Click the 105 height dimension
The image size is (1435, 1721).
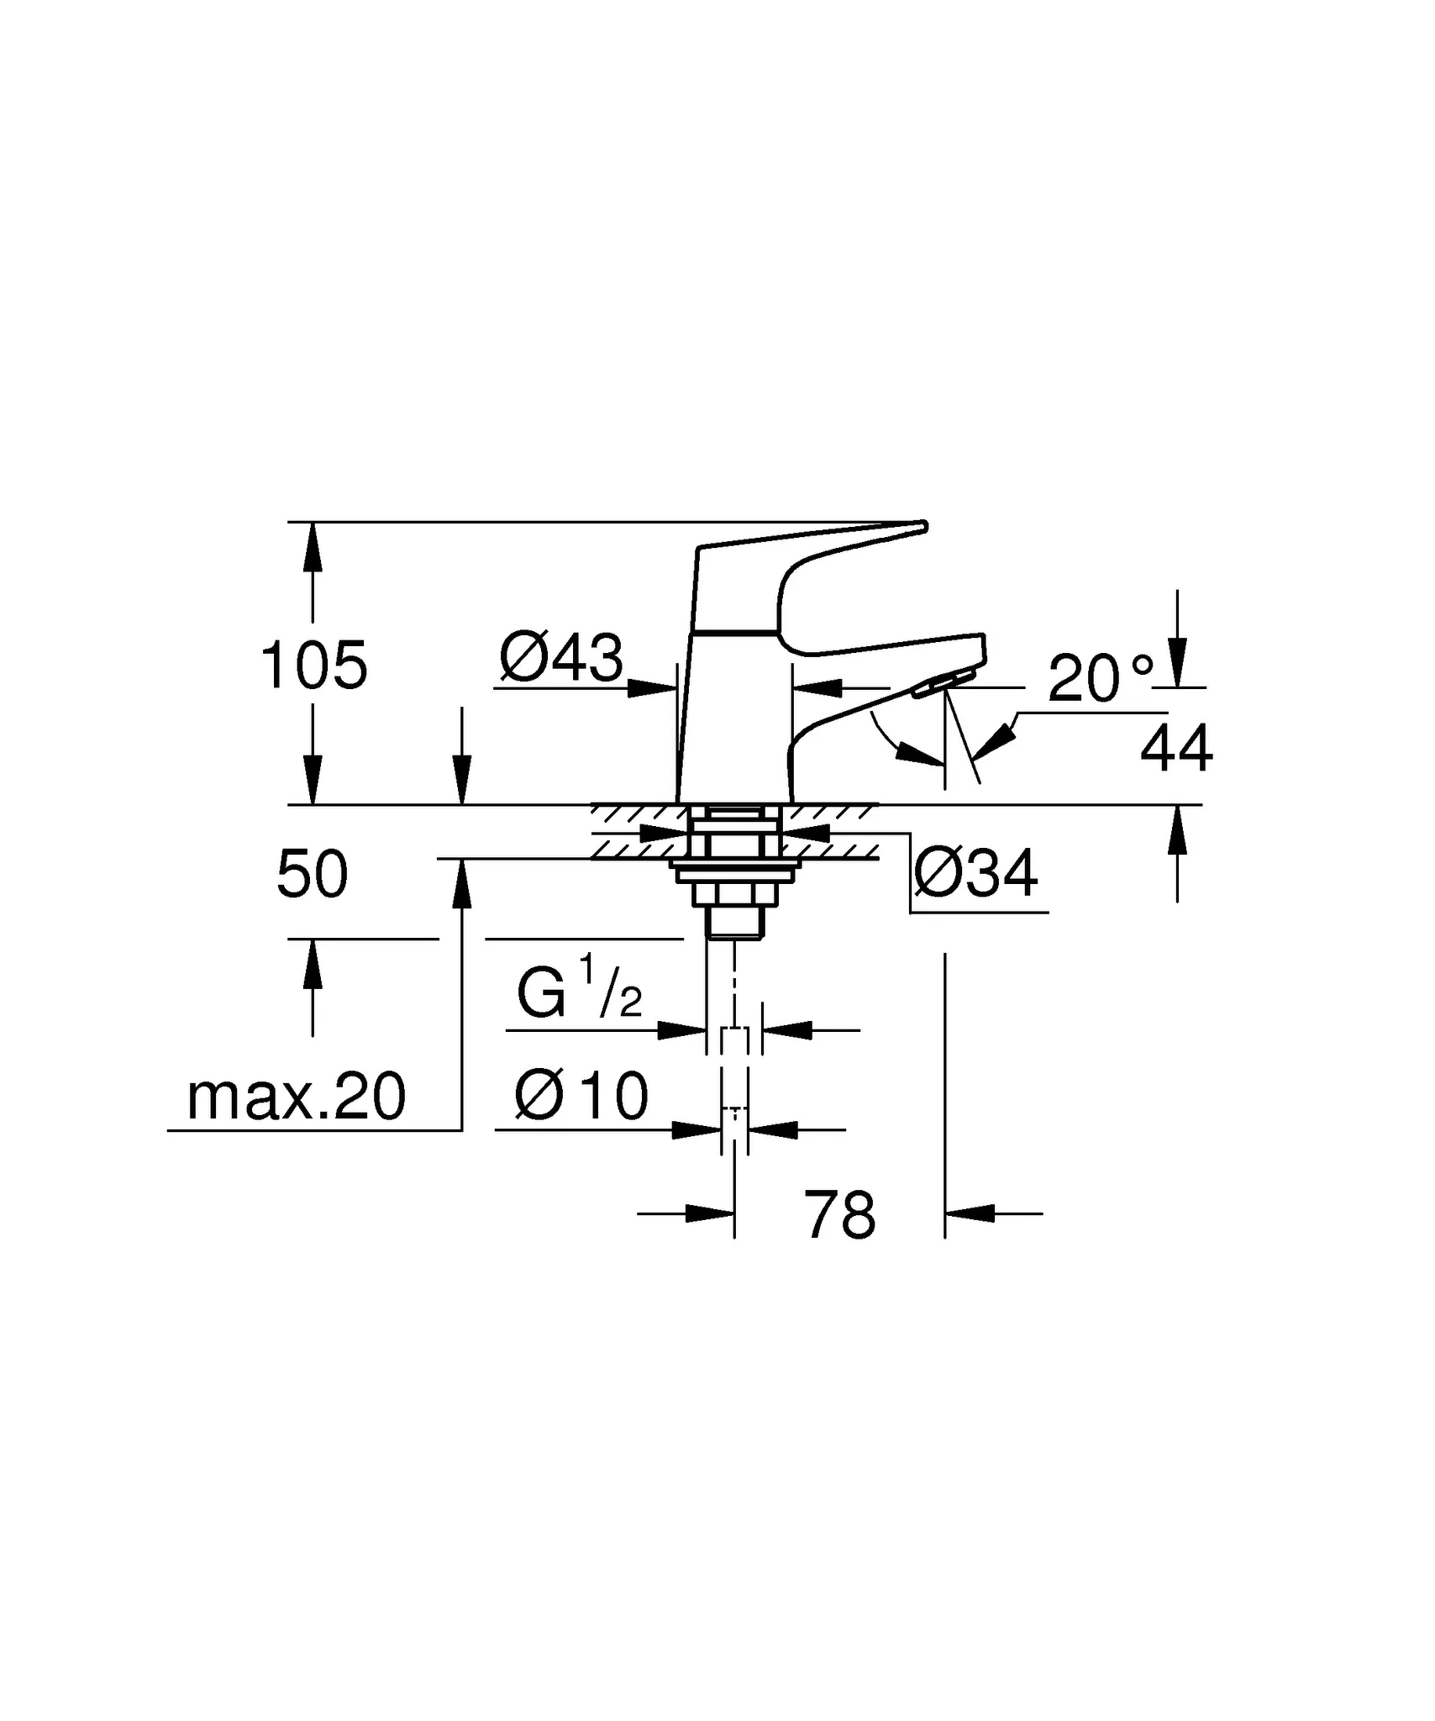point(313,666)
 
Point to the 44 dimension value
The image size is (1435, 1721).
point(1175,748)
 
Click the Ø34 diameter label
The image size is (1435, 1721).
point(975,874)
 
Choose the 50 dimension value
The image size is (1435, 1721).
point(312,875)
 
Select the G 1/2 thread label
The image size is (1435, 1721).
point(579,992)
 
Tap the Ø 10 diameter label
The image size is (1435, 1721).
point(581,1096)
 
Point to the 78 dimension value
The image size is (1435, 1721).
point(839,1215)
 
